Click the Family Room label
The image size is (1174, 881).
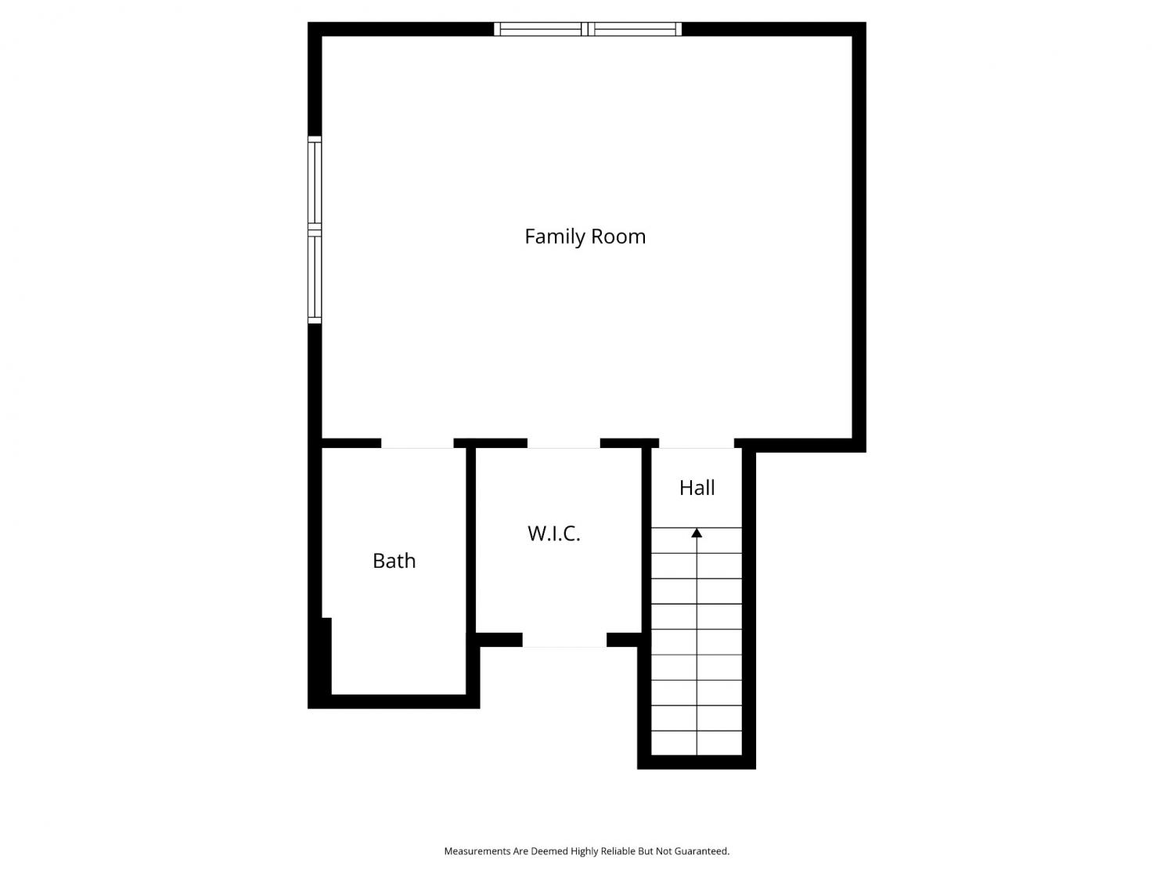585,236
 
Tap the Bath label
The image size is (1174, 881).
394,561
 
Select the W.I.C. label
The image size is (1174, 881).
553,533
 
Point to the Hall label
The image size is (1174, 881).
697,487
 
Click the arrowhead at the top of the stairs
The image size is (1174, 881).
697,533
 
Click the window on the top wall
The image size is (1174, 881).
587,29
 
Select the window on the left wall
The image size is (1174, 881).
315,230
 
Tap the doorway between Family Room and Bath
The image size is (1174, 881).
417,443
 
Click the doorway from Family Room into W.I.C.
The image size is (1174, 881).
564,443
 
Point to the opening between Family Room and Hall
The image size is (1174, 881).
697,443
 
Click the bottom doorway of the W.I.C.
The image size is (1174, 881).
564,640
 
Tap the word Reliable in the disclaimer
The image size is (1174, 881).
619,851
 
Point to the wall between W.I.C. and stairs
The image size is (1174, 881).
646,540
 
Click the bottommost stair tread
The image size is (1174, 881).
697,743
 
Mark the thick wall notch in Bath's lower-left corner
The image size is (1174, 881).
326,656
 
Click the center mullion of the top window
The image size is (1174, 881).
588,29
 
